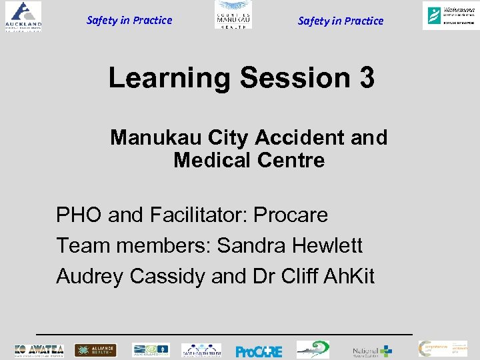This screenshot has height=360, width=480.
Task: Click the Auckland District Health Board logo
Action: [x=23, y=17]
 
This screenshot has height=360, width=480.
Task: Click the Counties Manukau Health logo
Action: [x=233, y=15]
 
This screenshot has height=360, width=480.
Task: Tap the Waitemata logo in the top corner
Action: [x=449, y=15]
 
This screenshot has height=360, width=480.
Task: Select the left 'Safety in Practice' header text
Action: [x=129, y=20]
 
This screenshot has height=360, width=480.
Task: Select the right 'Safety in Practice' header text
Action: [x=341, y=21]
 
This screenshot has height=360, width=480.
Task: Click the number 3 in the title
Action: [x=366, y=78]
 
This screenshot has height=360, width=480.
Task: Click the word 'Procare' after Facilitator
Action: [x=292, y=215]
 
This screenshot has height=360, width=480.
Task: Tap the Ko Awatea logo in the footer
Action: [x=39, y=350]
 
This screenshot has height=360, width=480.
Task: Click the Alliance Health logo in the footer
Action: [x=95, y=350]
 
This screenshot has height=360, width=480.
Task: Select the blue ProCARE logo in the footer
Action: [x=259, y=351]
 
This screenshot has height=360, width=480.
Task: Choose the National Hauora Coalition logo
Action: [x=372, y=351]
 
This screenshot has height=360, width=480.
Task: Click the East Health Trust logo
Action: [x=201, y=350]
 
